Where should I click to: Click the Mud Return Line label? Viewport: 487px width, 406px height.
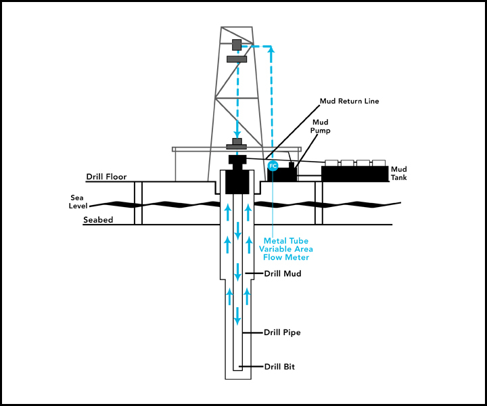point(349,101)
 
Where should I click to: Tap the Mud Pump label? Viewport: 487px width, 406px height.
point(321,126)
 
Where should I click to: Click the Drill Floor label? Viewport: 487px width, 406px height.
point(106,177)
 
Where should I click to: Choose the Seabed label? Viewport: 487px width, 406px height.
point(98,220)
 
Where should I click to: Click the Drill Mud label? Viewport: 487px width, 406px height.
point(282,273)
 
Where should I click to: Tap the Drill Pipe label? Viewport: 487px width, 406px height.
point(282,332)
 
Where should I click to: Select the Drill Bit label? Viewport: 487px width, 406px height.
point(279,367)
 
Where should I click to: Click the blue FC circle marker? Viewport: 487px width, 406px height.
point(273,166)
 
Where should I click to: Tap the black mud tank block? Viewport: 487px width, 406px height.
point(354,174)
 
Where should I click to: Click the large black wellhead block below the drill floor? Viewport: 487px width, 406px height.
point(237,181)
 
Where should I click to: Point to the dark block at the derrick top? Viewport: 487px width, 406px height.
point(237,45)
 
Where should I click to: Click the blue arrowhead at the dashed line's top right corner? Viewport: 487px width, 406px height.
point(272,49)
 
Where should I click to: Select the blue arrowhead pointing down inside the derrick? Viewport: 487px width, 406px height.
point(237,134)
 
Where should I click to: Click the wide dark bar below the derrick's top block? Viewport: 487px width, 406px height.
point(237,59)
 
